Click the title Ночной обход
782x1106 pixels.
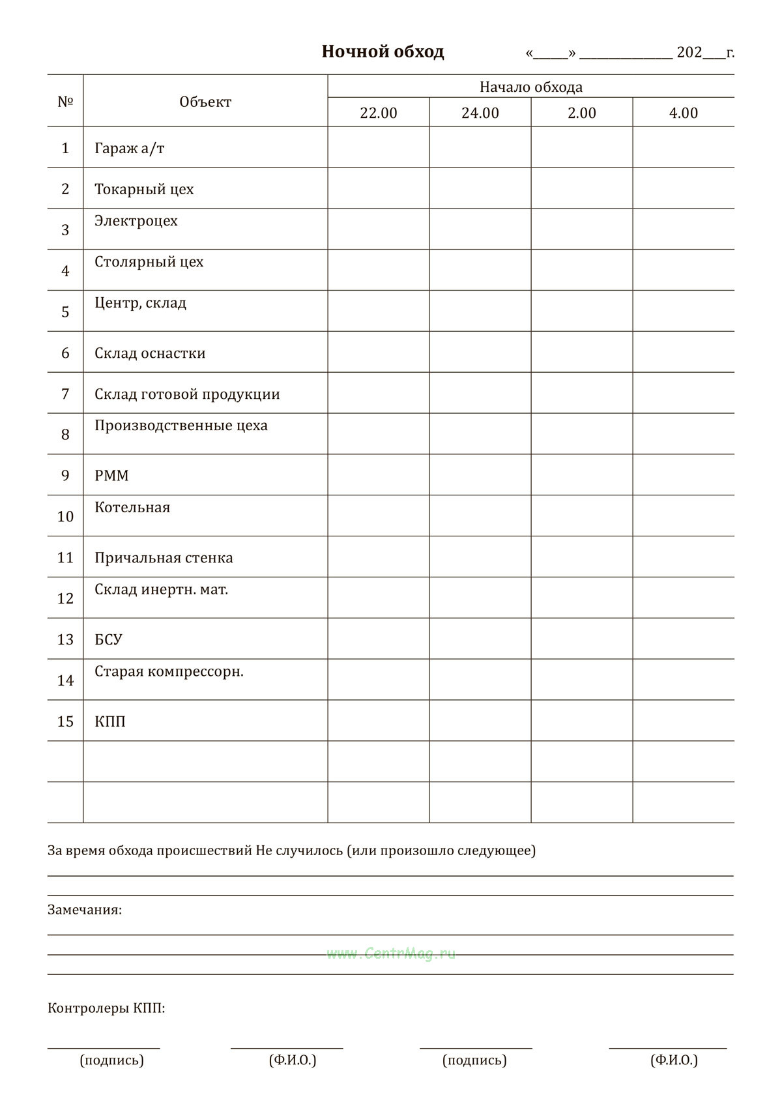tap(383, 52)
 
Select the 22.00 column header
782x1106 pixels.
tap(378, 113)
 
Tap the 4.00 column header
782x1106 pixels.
tap(683, 113)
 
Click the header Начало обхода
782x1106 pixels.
tap(530, 87)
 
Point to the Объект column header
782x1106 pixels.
tap(205, 102)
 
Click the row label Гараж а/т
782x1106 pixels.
tap(129, 148)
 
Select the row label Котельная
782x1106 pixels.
tap(132, 507)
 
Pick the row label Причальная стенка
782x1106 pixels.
tap(164, 557)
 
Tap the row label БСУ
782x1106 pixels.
tap(108, 639)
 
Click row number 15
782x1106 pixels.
tap(65, 721)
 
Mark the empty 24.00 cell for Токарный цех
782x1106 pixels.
tap(480, 188)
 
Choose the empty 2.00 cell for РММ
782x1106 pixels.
tap(581, 474)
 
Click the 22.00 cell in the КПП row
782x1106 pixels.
tap(378, 721)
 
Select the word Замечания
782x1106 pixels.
tap(84, 909)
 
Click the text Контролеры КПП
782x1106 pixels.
tap(106, 1008)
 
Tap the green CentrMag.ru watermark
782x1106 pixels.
tap(391, 953)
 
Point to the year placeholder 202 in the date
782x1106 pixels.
tap(689, 53)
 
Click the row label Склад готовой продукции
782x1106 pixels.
tap(187, 394)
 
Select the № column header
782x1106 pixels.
tap(65, 102)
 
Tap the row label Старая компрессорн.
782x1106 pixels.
tap(169, 671)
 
